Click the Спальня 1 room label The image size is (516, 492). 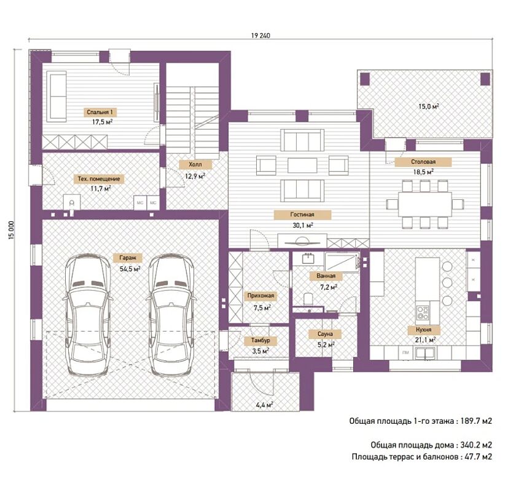[x=100, y=112]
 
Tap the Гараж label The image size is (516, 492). [x=128, y=258]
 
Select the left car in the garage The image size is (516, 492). [x=87, y=315]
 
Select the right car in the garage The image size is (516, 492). [x=171, y=315]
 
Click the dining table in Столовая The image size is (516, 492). [x=425, y=204]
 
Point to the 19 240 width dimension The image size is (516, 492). [x=260, y=36]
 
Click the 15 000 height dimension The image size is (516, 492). [x=12, y=230]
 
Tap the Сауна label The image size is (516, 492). [x=325, y=334]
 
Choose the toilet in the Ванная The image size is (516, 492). [x=308, y=298]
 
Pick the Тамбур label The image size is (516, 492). [x=260, y=341]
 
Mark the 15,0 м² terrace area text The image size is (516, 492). [x=429, y=106]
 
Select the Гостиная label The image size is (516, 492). [x=302, y=215]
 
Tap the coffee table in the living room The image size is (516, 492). [x=302, y=165]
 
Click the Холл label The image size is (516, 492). [x=195, y=164]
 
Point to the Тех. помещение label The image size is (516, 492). [x=99, y=179]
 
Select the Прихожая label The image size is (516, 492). [x=260, y=296]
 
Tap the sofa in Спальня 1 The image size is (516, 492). [x=58, y=97]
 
